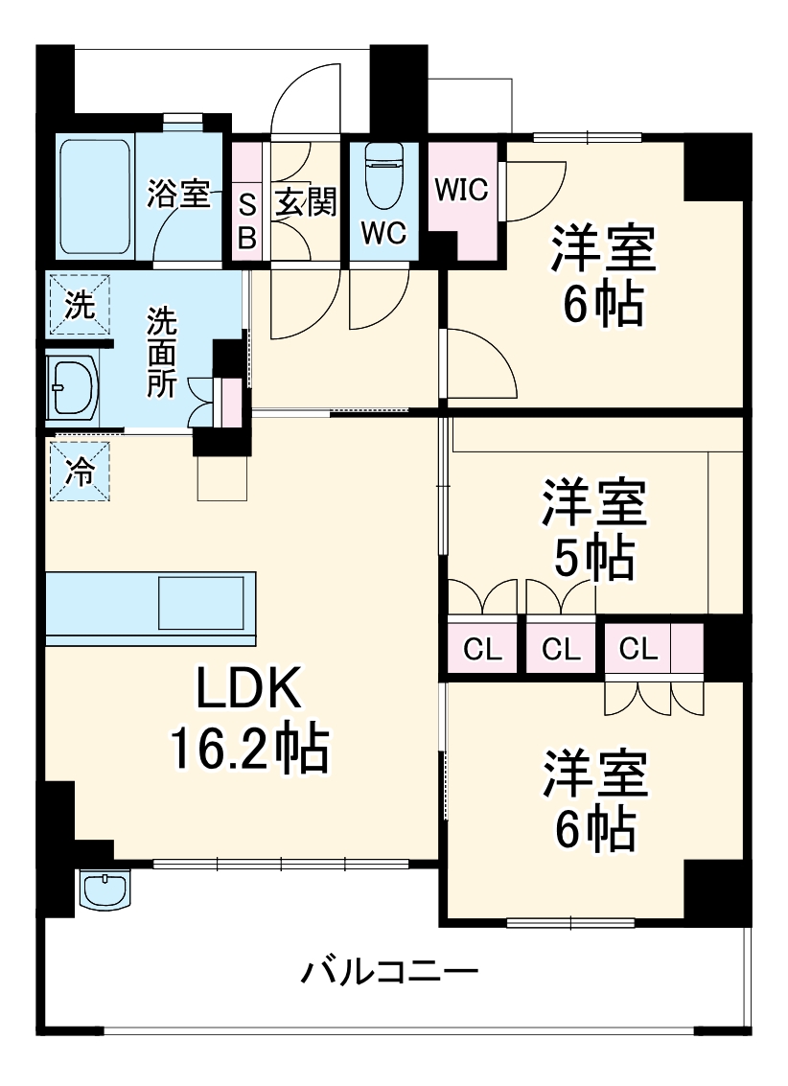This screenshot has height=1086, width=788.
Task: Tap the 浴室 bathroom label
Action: [x=178, y=194]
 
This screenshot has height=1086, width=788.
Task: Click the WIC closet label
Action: [x=462, y=189]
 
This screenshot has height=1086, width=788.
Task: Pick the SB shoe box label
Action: [x=247, y=220]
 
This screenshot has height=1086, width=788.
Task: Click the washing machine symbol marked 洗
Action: [x=80, y=306]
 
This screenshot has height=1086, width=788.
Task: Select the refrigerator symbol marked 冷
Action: [x=80, y=472]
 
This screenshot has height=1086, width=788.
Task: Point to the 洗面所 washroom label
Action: [x=161, y=353]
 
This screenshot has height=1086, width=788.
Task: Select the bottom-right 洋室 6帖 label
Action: [x=594, y=801]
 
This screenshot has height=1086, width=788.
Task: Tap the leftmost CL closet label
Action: [x=482, y=650]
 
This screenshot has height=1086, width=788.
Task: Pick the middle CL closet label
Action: [x=561, y=650]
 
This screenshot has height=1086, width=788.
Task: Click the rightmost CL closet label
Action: [x=638, y=649]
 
